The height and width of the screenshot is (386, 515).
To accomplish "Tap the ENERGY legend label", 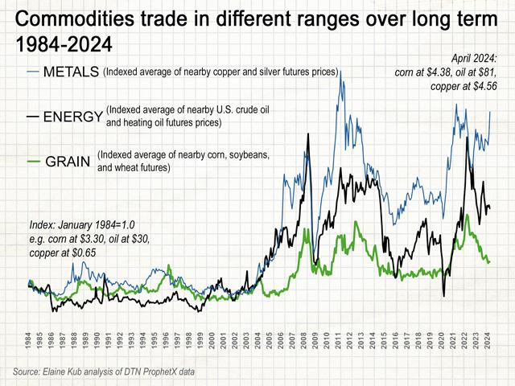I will [72, 117].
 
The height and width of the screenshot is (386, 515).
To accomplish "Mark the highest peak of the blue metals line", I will [340, 72].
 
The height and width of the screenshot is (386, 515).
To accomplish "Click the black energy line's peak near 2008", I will [307, 133].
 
